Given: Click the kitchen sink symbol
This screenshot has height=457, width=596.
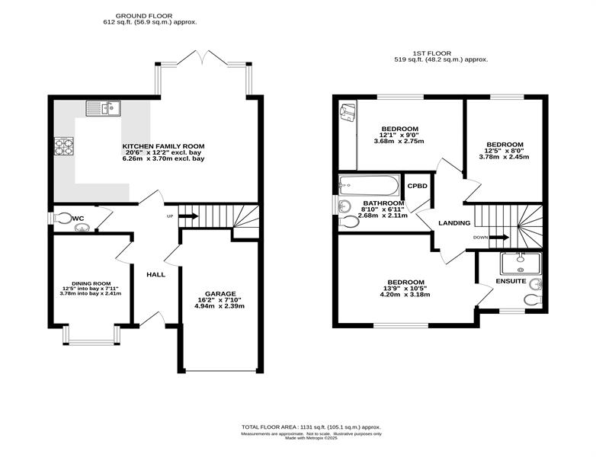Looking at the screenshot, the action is coord(103,108).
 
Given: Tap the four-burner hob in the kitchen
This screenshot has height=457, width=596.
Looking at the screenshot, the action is coord(63,146).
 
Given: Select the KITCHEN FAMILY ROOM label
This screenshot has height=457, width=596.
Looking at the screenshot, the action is coord(163,146).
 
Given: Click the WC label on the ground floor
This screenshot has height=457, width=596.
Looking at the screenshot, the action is coord(78,219).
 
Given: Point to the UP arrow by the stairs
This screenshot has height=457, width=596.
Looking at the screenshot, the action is coord(188,216).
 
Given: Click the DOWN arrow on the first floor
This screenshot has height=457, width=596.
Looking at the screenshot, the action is coord(498,238).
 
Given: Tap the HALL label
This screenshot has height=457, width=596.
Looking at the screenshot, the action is coord(155,274).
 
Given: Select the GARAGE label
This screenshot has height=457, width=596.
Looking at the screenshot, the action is coord(220,294).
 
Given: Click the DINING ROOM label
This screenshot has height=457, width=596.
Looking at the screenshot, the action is coord(91,283).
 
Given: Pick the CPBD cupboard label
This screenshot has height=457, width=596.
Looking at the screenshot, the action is coord(418,186).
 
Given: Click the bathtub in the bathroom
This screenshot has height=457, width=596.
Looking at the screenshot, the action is coord(369,184).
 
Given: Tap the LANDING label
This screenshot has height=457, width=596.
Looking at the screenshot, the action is coord(454,223).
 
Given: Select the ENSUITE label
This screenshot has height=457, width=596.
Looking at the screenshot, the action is coord(511,281).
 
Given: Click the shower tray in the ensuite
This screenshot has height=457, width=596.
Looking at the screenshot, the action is coord(521,264).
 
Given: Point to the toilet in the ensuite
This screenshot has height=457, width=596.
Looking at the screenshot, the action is coord(534,300).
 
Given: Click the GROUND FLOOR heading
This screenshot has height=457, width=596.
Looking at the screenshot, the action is coord(144,16).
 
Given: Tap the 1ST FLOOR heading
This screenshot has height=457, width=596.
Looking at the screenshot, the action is coord(432,53).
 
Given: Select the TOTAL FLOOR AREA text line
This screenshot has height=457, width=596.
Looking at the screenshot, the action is coord(311,427).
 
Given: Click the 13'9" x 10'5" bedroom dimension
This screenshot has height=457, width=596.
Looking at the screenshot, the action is coord(405,289).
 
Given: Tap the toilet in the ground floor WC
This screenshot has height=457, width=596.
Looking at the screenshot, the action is coord(62,218).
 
